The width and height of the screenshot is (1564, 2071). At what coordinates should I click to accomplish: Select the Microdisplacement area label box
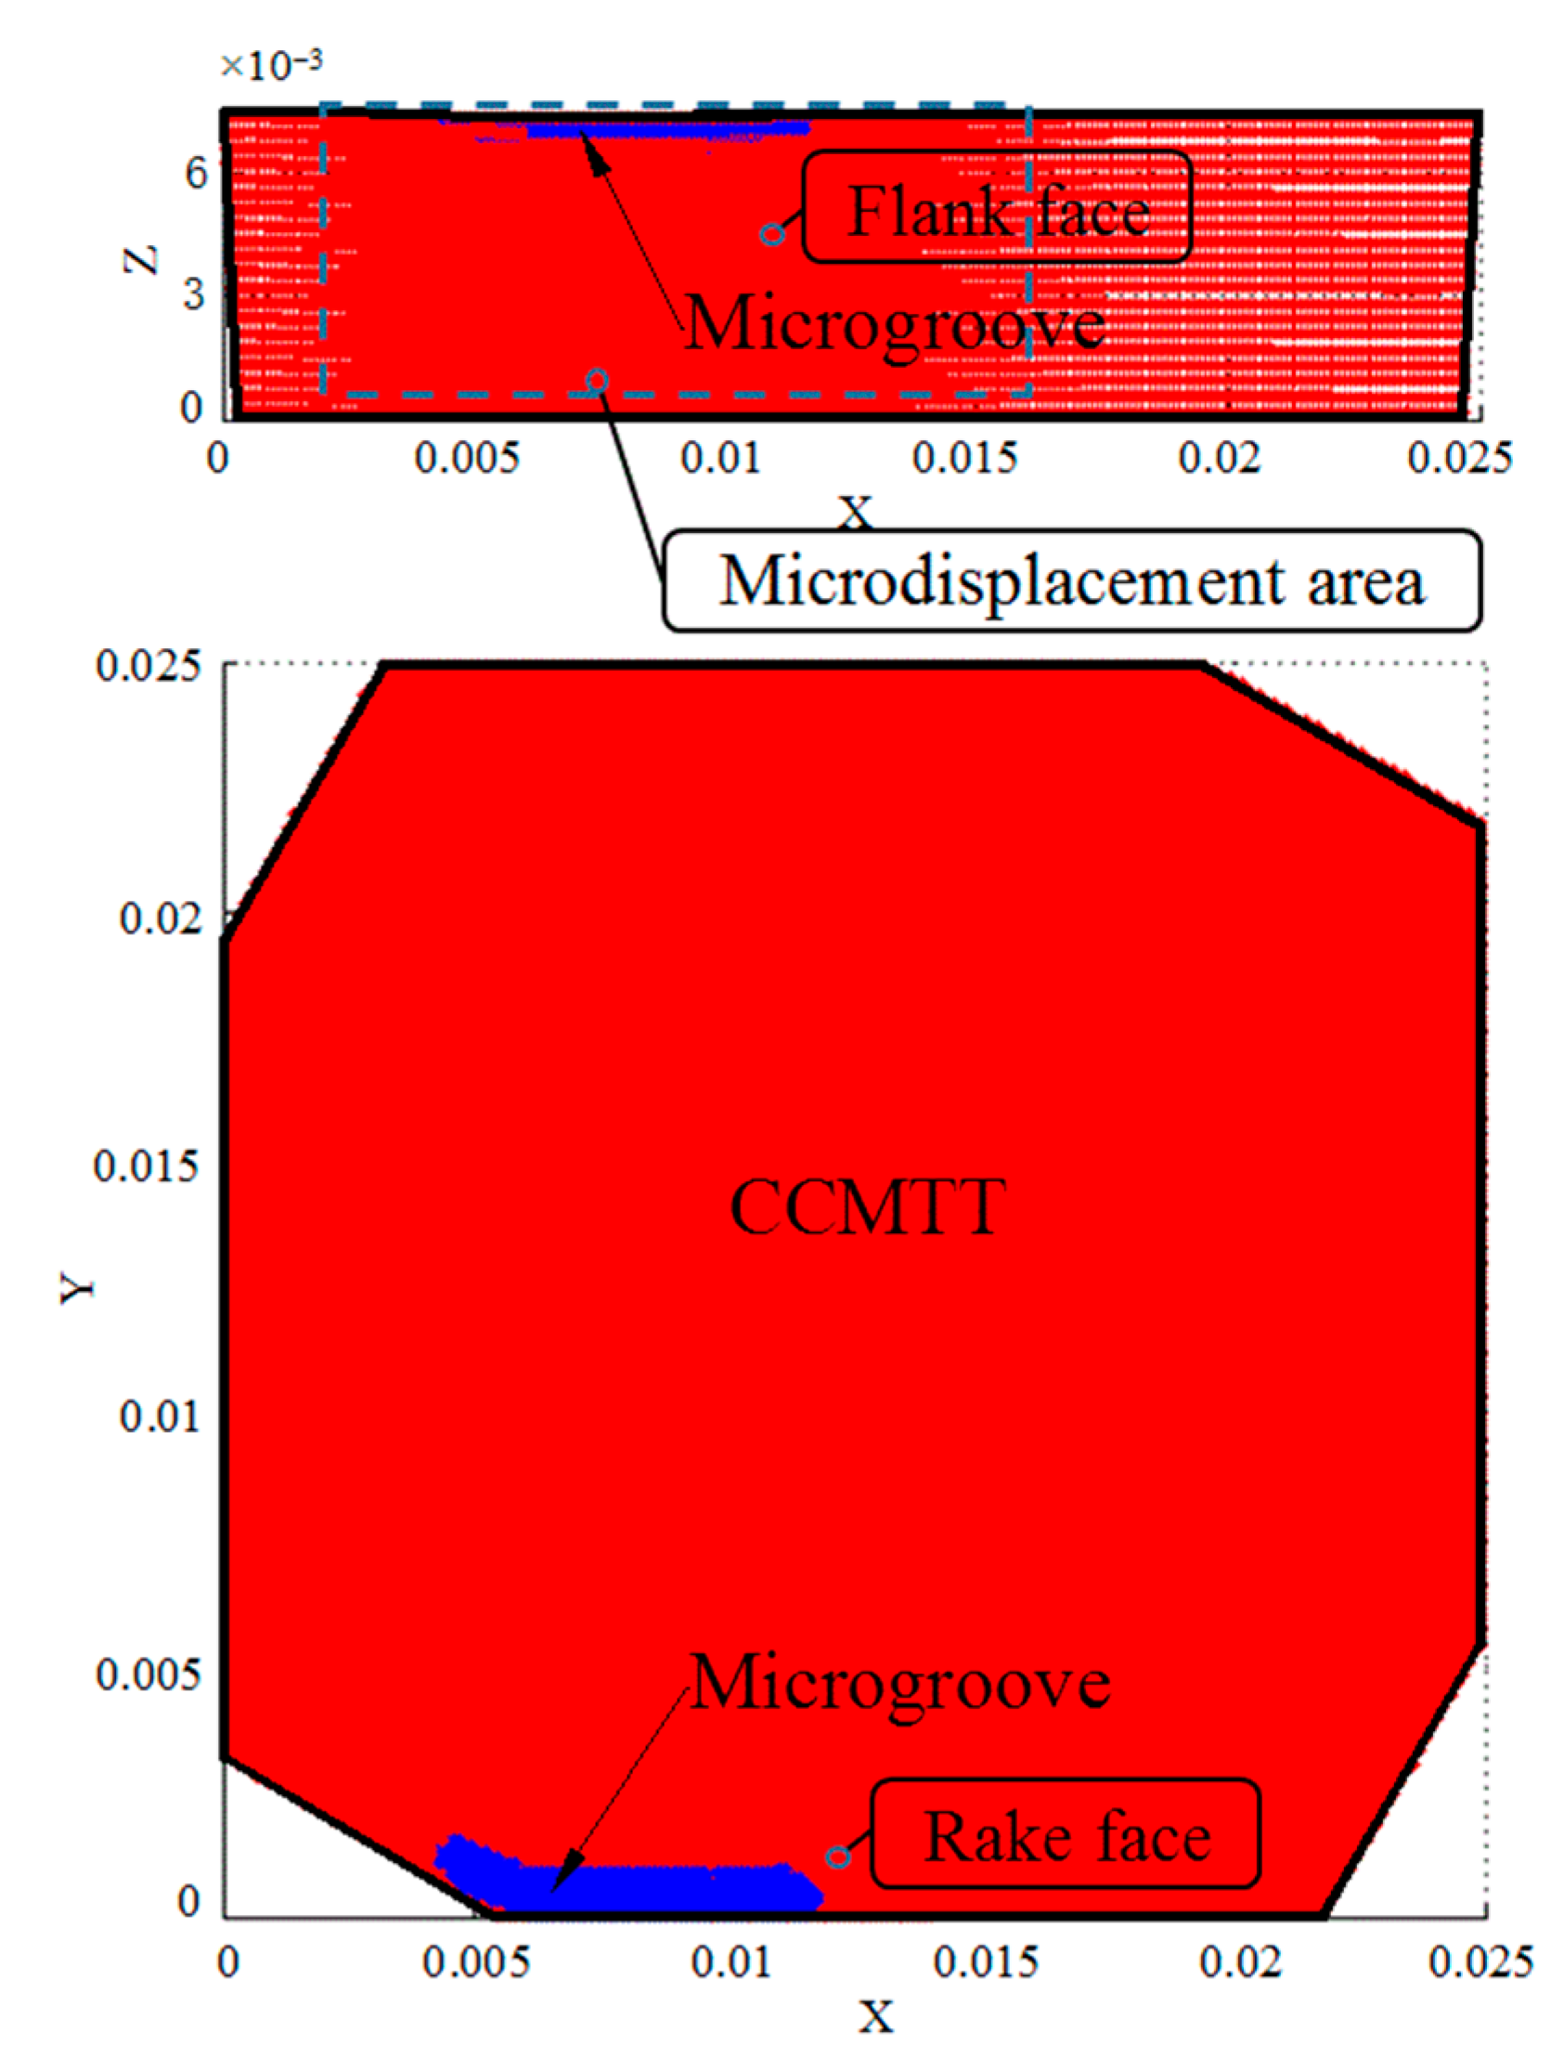point(1072,581)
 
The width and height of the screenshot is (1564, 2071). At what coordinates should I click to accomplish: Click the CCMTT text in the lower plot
point(867,1207)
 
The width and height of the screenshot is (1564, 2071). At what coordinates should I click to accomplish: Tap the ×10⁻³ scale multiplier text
point(270,65)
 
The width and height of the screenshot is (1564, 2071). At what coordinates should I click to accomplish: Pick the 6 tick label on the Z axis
point(195,174)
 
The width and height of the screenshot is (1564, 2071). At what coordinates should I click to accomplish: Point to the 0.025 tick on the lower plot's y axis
point(148,667)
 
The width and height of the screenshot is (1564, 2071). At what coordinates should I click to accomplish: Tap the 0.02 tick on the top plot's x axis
point(1219,459)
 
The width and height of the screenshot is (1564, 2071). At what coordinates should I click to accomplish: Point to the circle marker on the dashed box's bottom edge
point(597,380)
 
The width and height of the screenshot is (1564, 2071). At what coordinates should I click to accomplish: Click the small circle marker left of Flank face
point(771,234)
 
